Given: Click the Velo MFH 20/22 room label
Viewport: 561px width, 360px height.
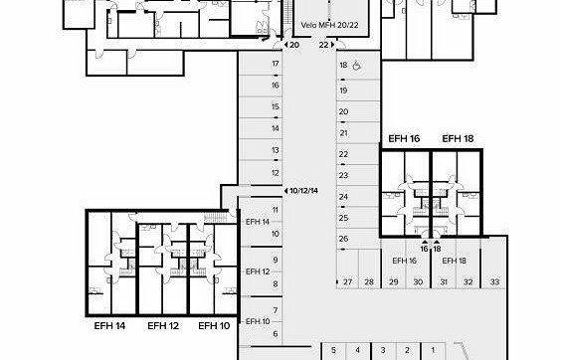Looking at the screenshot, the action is pyautogui.click(x=329, y=25).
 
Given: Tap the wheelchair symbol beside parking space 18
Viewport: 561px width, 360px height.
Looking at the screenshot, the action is pyautogui.click(x=357, y=66).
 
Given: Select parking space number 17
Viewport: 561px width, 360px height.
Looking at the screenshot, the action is pyautogui.click(x=276, y=64).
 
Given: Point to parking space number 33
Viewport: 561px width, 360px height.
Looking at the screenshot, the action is pyautogui.click(x=494, y=282).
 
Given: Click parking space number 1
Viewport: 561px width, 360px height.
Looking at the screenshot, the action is pyautogui.click(x=433, y=350).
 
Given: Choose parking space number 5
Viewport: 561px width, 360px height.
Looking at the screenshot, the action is pyautogui.click(x=333, y=350).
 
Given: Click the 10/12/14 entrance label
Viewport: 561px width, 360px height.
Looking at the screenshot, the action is pyautogui.click(x=303, y=191).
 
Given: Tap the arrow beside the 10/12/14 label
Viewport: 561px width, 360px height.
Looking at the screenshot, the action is pyautogui.click(x=285, y=191).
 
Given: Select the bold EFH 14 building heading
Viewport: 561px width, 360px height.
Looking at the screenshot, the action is pyautogui.click(x=109, y=326).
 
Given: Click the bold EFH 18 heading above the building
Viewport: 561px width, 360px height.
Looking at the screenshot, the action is pyautogui.click(x=458, y=138).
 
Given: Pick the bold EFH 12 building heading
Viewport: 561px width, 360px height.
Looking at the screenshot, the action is pyautogui.click(x=163, y=326).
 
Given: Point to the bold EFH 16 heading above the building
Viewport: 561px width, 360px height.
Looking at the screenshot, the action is pyautogui.click(x=404, y=138).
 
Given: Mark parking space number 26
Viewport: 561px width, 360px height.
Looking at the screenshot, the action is pyautogui.click(x=343, y=239).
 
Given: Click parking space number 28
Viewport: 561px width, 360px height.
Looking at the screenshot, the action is pyautogui.click(x=369, y=282).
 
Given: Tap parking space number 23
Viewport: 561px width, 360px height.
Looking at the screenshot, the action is pyautogui.click(x=343, y=175).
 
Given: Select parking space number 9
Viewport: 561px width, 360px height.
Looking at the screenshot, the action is pyautogui.click(x=276, y=260).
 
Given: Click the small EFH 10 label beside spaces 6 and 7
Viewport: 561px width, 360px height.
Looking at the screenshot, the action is pyautogui.click(x=258, y=321).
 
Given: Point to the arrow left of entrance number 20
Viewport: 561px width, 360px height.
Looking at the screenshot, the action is pyautogui.click(x=285, y=45).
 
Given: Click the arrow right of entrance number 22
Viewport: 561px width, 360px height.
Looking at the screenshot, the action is pyautogui.click(x=333, y=45).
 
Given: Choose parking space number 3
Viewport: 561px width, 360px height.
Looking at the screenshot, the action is pyautogui.click(x=383, y=350).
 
